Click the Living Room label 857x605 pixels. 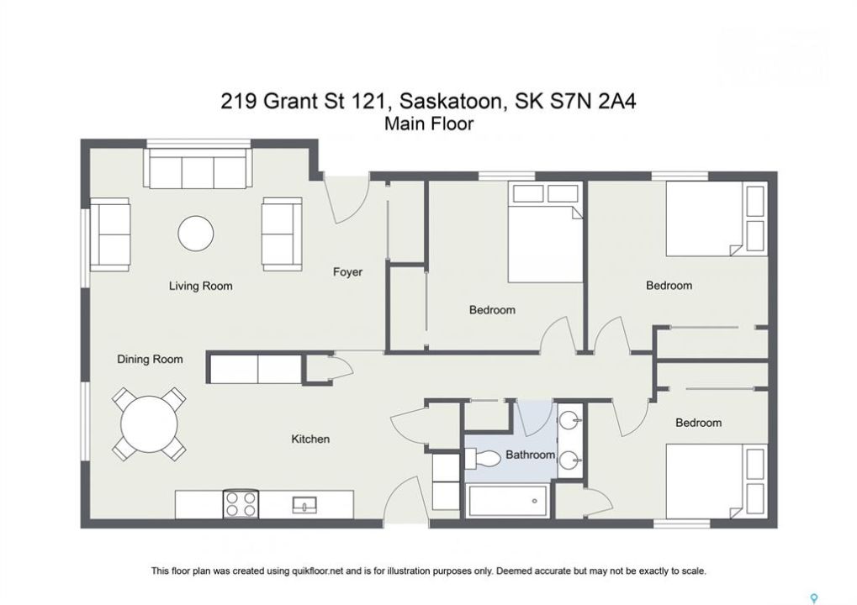(201, 286)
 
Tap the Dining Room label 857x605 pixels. (150, 360)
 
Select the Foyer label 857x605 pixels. (347, 272)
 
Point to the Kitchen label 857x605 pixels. (310, 439)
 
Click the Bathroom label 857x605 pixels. (530, 455)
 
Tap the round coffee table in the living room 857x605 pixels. (195, 234)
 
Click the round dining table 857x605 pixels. (149, 423)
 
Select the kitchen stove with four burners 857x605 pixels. (241, 504)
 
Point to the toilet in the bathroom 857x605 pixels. (482, 458)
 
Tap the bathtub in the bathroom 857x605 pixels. (508, 501)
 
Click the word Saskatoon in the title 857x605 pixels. (450, 102)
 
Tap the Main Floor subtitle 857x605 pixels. (429, 124)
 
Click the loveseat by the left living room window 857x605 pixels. (110, 234)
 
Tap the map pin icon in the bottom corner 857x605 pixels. (814, 598)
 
